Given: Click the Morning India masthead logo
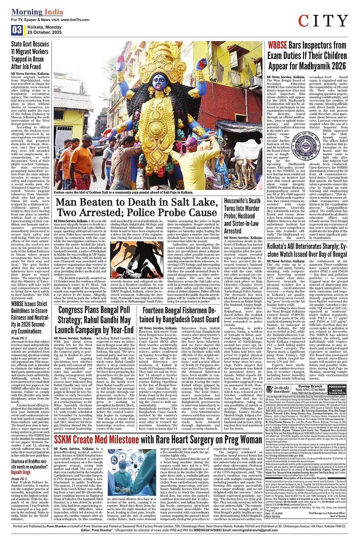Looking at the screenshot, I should point(37,12).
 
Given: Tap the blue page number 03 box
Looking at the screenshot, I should point(17,30).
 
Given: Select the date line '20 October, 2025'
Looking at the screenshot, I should point(44,32).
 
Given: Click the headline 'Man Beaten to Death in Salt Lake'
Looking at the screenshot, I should point(136,207).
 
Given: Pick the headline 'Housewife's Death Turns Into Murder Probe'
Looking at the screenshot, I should point(242,215).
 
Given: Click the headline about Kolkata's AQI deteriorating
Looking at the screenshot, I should point(307,250).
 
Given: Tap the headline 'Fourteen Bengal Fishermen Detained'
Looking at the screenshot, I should point(179,315).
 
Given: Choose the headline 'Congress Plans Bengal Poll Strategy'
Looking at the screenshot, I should point(94,320).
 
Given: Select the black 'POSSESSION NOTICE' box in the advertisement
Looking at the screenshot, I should point(337,389).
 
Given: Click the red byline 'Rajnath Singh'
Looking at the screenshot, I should point(21,472).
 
